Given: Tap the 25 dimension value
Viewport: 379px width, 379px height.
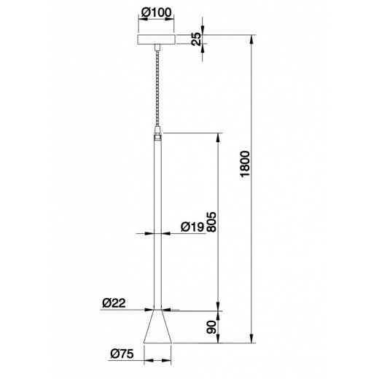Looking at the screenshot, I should (197, 39).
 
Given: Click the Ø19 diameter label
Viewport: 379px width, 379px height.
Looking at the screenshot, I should (192, 227).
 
